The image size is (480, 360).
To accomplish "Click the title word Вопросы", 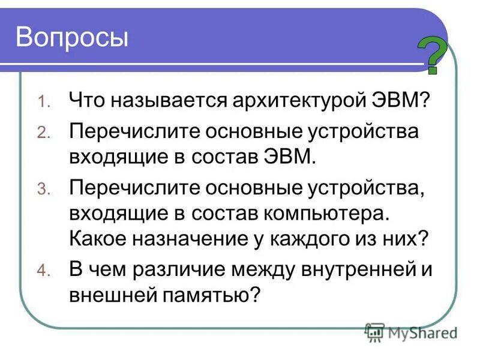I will click(72, 37).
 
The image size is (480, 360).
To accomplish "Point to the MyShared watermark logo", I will click(411, 331).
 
